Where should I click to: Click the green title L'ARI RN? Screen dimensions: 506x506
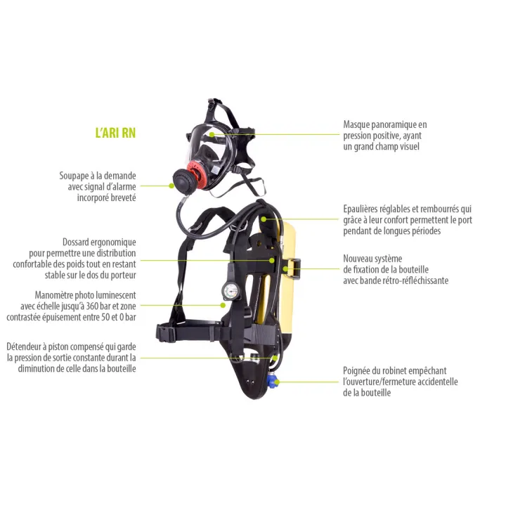coord(115,133)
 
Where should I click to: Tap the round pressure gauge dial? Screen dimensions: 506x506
coord(231,291)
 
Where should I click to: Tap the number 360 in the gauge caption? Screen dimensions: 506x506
coord(92,306)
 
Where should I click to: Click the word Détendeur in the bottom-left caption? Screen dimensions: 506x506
coord(24,347)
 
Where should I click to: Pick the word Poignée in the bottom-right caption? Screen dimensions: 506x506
coord(358,371)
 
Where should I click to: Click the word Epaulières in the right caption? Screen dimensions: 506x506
coord(361,209)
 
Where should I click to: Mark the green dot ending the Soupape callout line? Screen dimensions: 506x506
coord(171,186)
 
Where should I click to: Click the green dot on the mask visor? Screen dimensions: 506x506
coord(212,134)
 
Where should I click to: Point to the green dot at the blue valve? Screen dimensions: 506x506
coord(277,382)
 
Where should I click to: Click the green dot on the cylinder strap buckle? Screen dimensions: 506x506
coord(285,268)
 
